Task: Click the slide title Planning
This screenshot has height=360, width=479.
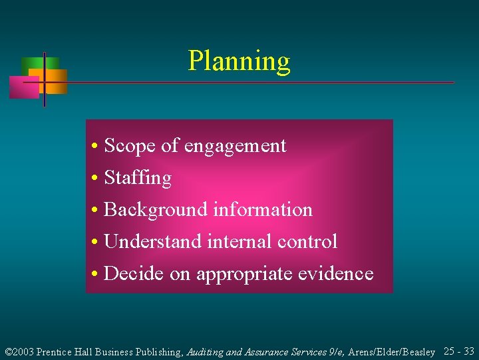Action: (x=239, y=61)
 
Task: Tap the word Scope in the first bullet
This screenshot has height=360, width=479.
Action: (x=127, y=145)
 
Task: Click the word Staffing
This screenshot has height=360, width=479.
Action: (x=138, y=178)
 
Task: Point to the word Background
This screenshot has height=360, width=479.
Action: (x=156, y=210)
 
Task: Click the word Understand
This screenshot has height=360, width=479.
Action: (x=153, y=241)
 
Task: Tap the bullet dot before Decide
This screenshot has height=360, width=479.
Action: (x=96, y=273)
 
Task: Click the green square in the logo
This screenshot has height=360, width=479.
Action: (x=31, y=65)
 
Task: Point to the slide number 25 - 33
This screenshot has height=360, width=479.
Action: (x=458, y=351)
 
